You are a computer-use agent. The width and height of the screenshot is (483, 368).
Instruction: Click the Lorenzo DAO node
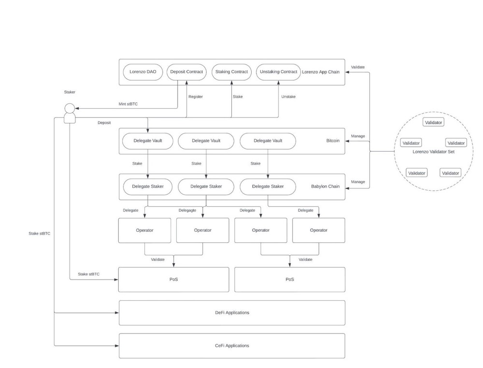(143, 72)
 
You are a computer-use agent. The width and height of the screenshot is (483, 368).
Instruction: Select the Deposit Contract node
(186, 72)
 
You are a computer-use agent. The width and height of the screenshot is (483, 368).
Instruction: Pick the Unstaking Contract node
(278, 72)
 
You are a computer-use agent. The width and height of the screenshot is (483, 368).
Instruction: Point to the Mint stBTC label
(128, 104)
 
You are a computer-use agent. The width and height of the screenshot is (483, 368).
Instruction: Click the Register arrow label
(196, 97)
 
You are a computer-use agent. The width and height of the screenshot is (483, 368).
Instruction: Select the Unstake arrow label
(288, 97)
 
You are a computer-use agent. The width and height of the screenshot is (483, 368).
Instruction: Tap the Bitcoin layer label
(333, 141)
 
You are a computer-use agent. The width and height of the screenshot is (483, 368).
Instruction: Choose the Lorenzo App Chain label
(321, 72)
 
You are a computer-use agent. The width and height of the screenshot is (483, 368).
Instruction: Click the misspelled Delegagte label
(187, 210)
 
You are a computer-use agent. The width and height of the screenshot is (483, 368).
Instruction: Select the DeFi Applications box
(232, 312)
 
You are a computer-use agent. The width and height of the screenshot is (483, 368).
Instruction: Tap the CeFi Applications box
(232, 345)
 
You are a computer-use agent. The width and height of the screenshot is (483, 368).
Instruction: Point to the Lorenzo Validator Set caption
(433, 152)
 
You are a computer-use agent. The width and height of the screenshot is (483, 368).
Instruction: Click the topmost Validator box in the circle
(433, 122)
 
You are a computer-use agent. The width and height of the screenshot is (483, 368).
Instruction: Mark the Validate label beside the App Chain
(358, 67)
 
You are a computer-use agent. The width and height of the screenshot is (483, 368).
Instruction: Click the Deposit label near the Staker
(104, 123)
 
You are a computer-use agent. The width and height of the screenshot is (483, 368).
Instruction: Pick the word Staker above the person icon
(70, 92)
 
